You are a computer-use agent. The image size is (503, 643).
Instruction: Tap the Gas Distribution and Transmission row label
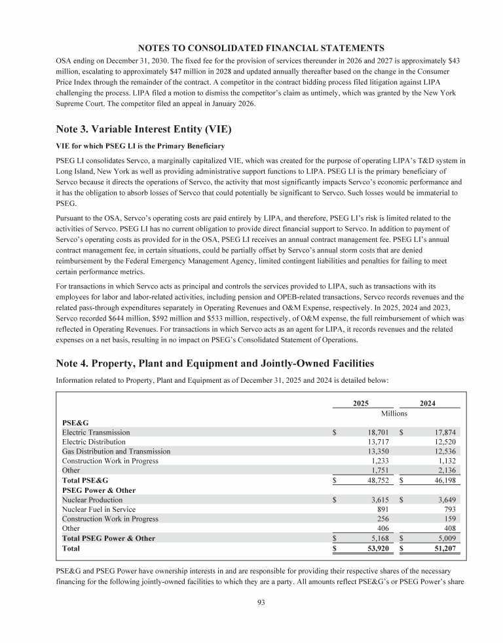[x=116, y=451]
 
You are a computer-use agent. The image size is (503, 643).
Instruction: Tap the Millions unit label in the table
[x=394, y=414]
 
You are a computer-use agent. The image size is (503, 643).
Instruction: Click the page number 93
[x=261, y=613]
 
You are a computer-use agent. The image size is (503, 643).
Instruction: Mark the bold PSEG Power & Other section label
[x=96, y=490]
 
